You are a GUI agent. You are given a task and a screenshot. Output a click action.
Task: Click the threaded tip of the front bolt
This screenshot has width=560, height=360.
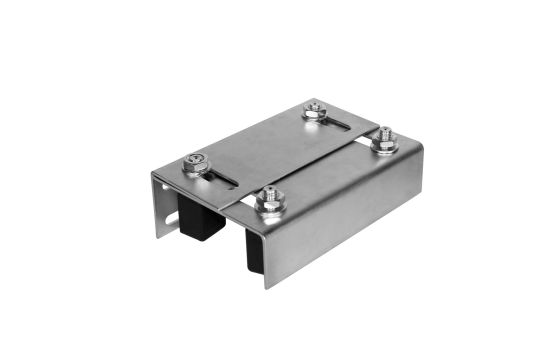click(267, 195)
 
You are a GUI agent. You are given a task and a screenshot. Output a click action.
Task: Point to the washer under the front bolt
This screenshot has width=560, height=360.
click(267, 207)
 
